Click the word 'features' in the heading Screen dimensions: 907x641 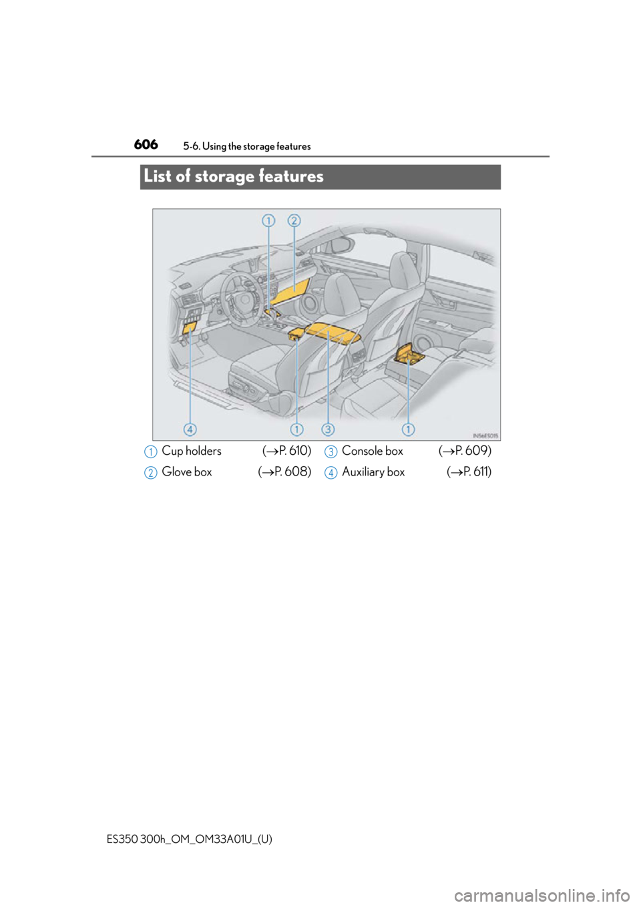(290, 176)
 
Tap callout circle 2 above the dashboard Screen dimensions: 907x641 (294, 220)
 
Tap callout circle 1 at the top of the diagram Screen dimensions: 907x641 (268, 220)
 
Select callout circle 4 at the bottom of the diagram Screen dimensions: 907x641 (190, 429)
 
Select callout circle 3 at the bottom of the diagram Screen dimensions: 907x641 (328, 429)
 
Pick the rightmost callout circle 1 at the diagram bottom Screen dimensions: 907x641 (408, 429)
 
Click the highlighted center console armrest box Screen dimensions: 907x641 (331, 330)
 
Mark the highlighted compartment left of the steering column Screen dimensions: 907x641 (189, 327)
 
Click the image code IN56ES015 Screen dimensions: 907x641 (485, 435)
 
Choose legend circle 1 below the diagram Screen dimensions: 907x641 (151, 451)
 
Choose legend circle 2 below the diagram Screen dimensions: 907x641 (151, 473)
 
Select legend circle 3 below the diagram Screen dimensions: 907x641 (331, 451)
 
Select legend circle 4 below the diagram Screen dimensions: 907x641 (331, 473)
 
